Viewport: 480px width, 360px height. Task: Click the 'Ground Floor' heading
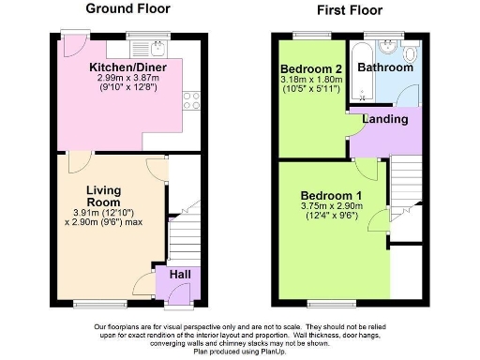tap(128, 8)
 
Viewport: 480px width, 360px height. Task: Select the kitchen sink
tap(157, 48)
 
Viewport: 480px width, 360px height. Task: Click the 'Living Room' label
tap(104, 196)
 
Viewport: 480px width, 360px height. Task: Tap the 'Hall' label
tap(175, 276)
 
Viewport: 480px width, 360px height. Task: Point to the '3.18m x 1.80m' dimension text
tap(309, 81)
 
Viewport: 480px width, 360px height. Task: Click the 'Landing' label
tap(385, 119)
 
